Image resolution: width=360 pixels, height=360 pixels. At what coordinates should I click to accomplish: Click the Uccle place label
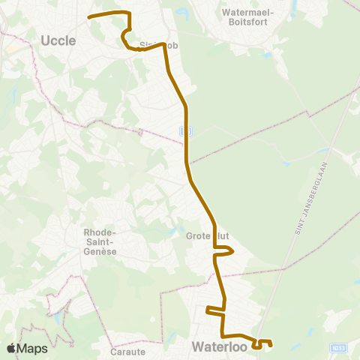pyautogui.click(x=58, y=40)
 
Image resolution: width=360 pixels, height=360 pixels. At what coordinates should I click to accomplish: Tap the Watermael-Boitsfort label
pyautogui.click(x=248, y=17)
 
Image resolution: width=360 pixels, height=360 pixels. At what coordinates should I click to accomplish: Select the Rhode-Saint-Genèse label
pyautogui.click(x=100, y=242)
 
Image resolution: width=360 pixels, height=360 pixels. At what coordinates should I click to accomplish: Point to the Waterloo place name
pyautogui.click(x=218, y=346)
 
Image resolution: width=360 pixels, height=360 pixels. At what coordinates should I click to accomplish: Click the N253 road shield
pyautogui.click(x=338, y=347)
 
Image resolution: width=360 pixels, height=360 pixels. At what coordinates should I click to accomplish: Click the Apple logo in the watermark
pyautogui.click(x=12, y=348)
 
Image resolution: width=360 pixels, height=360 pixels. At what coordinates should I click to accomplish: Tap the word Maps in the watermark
pyautogui.click(x=33, y=348)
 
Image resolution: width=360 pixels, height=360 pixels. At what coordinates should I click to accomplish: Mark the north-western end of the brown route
pyautogui.click(x=89, y=16)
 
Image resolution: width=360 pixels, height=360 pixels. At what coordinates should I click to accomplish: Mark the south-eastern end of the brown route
pyautogui.click(x=270, y=344)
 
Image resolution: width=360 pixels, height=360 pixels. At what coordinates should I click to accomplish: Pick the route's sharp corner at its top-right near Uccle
pyautogui.click(x=130, y=13)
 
